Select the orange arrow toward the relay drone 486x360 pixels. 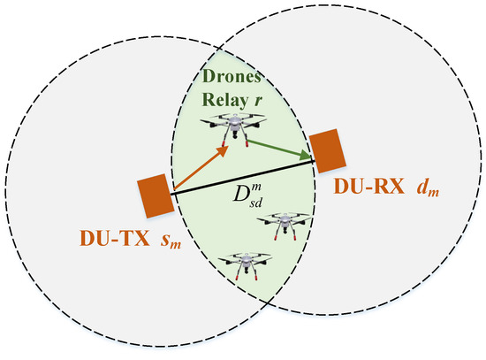click(199, 170)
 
